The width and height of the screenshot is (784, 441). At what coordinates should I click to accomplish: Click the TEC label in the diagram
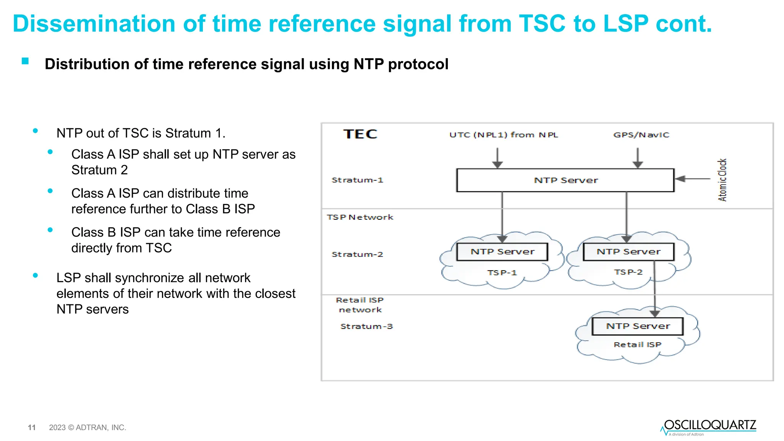(x=360, y=134)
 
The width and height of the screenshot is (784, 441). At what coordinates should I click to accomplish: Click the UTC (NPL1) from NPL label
(x=503, y=135)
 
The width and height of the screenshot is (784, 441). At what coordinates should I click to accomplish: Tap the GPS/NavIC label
(x=641, y=135)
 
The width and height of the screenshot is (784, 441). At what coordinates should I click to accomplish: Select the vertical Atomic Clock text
(x=722, y=180)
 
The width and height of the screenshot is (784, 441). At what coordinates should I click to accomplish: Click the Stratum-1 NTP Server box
(x=565, y=180)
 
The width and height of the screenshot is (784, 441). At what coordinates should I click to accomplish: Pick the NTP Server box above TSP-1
(x=502, y=252)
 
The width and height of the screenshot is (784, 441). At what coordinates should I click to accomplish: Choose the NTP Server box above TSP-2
(x=628, y=252)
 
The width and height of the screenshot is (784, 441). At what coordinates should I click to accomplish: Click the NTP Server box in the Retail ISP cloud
(x=638, y=326)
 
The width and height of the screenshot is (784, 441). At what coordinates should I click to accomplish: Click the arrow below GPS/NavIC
(x=638, y=157)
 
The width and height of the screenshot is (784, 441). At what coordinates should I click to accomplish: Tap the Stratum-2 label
(x=357, y=254)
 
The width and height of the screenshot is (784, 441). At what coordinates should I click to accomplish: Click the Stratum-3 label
(x=366, y=326)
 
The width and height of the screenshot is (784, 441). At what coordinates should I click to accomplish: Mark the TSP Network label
(x=360, y=217)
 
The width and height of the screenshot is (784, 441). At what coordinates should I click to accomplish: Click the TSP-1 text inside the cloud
(x=502, y=273)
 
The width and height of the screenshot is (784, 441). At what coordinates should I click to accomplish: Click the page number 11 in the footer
(x=32, y=427)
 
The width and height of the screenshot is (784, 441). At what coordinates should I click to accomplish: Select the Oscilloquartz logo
(x=709, y=427)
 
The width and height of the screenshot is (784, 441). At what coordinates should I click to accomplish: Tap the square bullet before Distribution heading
(x=25, y=61)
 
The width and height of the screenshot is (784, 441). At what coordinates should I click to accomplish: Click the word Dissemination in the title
(x=94, y=24)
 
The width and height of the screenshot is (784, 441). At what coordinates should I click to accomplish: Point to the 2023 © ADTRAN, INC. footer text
(x=87, y=427)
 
